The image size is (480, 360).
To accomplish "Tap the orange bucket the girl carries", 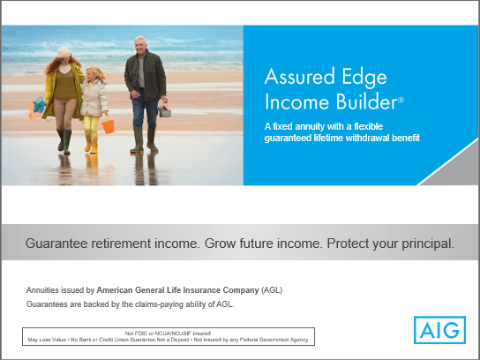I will [x=108, y=125].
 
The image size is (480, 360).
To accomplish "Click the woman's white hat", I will [x=63, y=53].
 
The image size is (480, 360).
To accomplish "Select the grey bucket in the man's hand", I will [x=164, y=110].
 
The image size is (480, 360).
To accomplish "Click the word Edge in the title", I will [x=365, y=76].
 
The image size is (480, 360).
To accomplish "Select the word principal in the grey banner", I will [x=420, y=243].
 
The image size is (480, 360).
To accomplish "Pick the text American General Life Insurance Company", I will [x=177, y=289].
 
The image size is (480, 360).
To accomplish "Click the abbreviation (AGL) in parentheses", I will [x=272, y=289].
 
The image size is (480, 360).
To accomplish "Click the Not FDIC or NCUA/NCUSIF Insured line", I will [x=168, y=332].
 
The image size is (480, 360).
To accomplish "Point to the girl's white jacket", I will [x=93, y=100].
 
